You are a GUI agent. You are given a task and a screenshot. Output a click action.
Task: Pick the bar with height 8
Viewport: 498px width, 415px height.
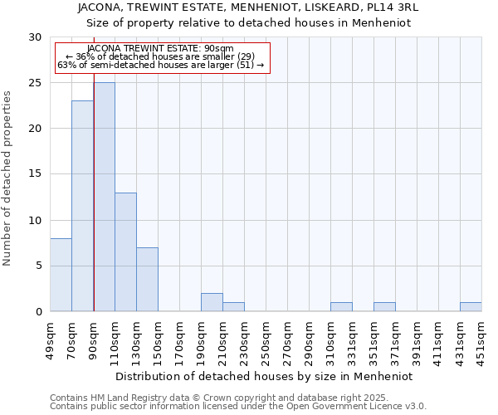tap(61, 275)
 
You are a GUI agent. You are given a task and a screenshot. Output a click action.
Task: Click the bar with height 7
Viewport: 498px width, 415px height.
tap(147, 279)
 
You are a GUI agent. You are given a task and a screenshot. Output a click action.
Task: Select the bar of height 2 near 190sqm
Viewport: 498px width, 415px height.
tap(212, 302)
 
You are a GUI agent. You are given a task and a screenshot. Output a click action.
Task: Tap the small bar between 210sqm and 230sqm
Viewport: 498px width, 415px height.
tap(233, 307)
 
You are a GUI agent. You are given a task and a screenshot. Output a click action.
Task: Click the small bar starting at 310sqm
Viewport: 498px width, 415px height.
tap(341, 307)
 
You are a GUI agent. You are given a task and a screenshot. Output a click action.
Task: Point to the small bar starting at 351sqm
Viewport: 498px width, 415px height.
tap(384, 307)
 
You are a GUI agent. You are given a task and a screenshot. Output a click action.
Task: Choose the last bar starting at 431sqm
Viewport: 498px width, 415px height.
tap(471, 307)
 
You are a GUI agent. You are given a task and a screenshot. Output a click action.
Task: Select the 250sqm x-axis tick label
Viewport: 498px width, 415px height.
tap(266, 339)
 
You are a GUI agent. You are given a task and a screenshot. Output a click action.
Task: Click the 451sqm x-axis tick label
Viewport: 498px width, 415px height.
tap(481, 339)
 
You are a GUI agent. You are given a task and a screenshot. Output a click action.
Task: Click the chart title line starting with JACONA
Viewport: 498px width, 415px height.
tap(248, 7)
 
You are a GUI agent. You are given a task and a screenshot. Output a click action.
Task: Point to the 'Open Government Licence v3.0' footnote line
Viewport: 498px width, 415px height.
tap(238, 406)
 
